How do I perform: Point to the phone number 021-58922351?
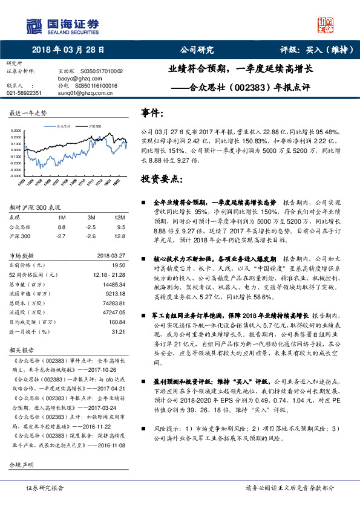[24, 93]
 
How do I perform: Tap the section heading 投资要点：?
[160, 180]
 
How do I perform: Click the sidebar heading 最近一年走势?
[28, 113]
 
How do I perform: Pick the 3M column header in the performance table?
[91, 216]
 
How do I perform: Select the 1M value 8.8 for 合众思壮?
[61, 226]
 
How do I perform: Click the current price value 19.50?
[118, 264]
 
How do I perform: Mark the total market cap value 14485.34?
[114, 284]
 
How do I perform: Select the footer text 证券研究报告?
[45, 487]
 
